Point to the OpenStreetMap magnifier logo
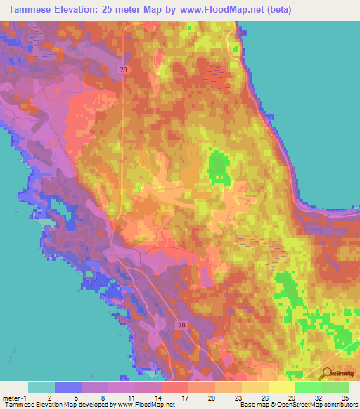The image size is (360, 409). (x=328, y=373)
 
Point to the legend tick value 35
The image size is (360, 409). (x=344, y=397)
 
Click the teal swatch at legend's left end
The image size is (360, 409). (x=41, y=387)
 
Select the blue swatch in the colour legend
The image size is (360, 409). (x=68, y=387)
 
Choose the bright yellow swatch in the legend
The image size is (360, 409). (x=282, y=387)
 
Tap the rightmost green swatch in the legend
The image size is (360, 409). (x=335, y=387)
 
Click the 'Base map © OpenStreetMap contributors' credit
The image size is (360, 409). (x=297, y=405)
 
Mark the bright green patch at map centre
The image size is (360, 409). (x=219, y=169)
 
